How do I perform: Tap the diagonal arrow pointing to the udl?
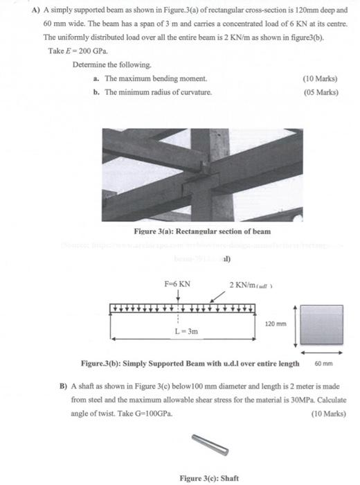click(219, 296)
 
